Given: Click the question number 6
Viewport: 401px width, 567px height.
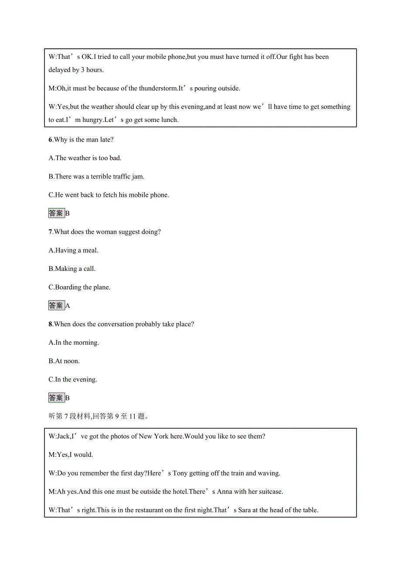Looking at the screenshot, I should pos(50,140).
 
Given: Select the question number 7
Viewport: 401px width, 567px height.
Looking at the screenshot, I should pos(50,232).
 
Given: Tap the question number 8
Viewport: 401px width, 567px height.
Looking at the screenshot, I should pos(50,324).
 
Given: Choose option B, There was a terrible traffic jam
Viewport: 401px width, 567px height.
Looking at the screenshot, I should pos(96,177).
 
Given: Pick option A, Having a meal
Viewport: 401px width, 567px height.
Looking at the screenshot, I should pos(73,250).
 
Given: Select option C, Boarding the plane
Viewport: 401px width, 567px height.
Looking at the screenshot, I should pos(79,287).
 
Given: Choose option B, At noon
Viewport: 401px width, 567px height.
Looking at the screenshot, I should pos(64,361).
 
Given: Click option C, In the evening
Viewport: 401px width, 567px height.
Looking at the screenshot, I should pos(73,380).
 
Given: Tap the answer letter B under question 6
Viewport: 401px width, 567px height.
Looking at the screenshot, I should pos(68,213).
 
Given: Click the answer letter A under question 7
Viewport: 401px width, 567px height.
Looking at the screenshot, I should pos(68,306).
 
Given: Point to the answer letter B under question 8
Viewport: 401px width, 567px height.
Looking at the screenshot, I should pos(68,398).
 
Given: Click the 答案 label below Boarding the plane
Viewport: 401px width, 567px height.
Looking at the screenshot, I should pos(56,306).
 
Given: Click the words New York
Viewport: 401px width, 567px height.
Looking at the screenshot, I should pos(154,436).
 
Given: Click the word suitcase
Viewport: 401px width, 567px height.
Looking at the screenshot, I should pos(269,492).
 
